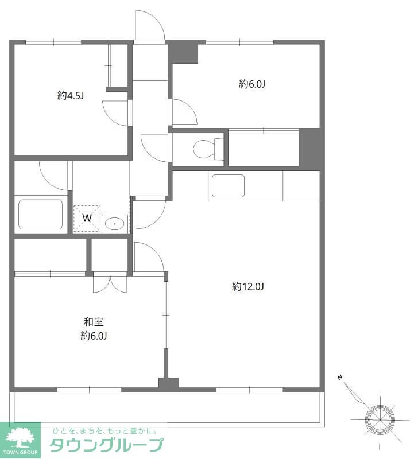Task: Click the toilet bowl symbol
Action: pyautogui.click(x=208, y=149)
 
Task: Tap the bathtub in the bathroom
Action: pyautogui.click(x=41, y=214)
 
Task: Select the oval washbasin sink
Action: pyautogui.click(x=114, y=224)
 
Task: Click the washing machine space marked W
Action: pyautogui.click(x=87, y=219)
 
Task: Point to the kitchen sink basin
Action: pyautogui.click(x=228, y=186)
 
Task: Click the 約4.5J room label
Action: pyautogui.click(x=71, y=95)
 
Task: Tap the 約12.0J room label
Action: pyautogui.click(x=248, y=286)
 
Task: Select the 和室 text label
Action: pyautogui.click(x=94, y=322)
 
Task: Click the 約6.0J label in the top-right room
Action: pyautogui.click(x=252, y=84)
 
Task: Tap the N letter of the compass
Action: pyautogui.click(x=340, y=378)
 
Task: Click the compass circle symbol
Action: pyautogui.click(x=380, y=419)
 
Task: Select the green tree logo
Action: pyautogui.click(x=20, y=438)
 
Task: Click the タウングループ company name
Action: pyautogui.click(x=106, y=445)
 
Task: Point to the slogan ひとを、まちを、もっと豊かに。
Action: pyautogui.click(x=104, y=431)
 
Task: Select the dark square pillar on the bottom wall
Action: pyautogui.click(x=169, y=384)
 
